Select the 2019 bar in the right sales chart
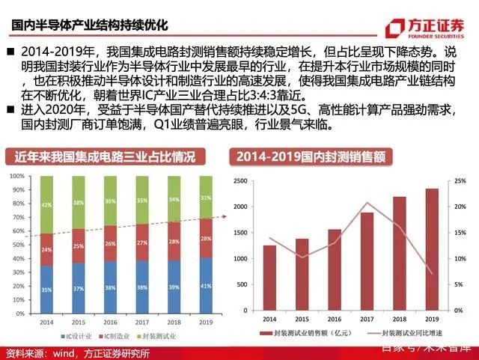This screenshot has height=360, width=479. [433, 248]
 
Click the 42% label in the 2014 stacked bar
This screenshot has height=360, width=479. [46, 204]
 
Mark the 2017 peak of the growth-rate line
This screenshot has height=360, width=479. [367, 203]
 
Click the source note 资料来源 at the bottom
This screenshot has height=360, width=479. [77, 353]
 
